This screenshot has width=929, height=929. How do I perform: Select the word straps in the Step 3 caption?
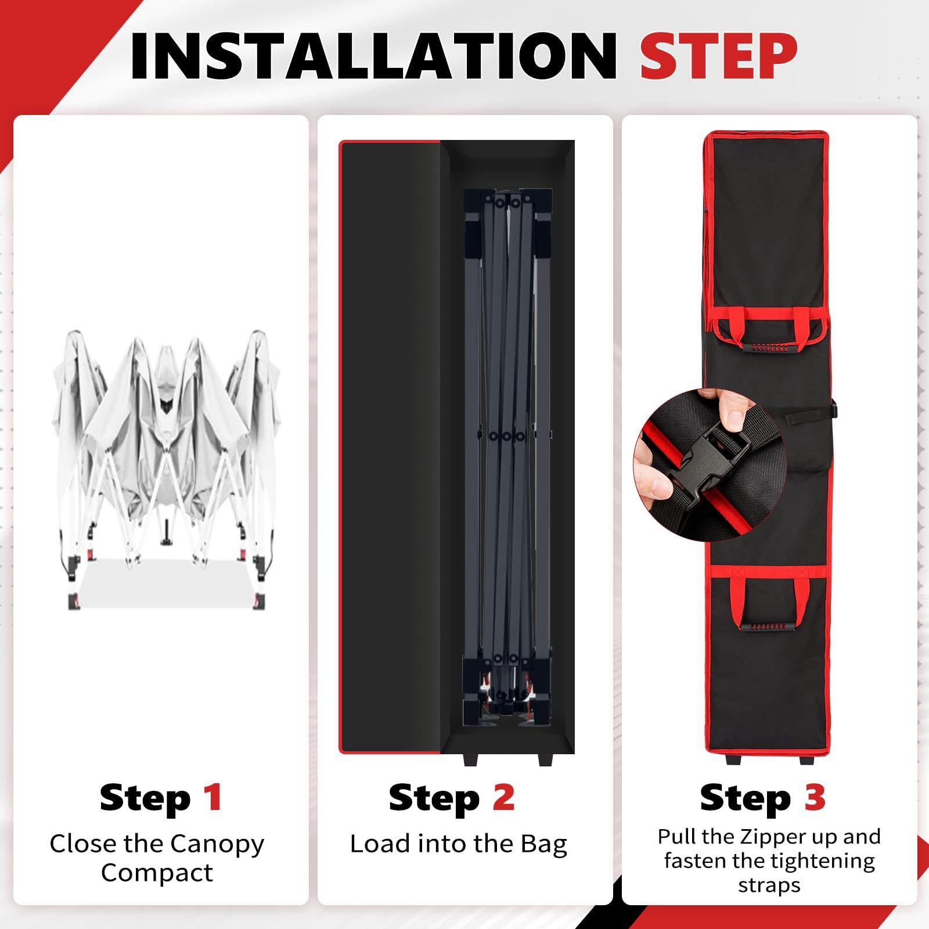pyautogui.click(x=769, y=886)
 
